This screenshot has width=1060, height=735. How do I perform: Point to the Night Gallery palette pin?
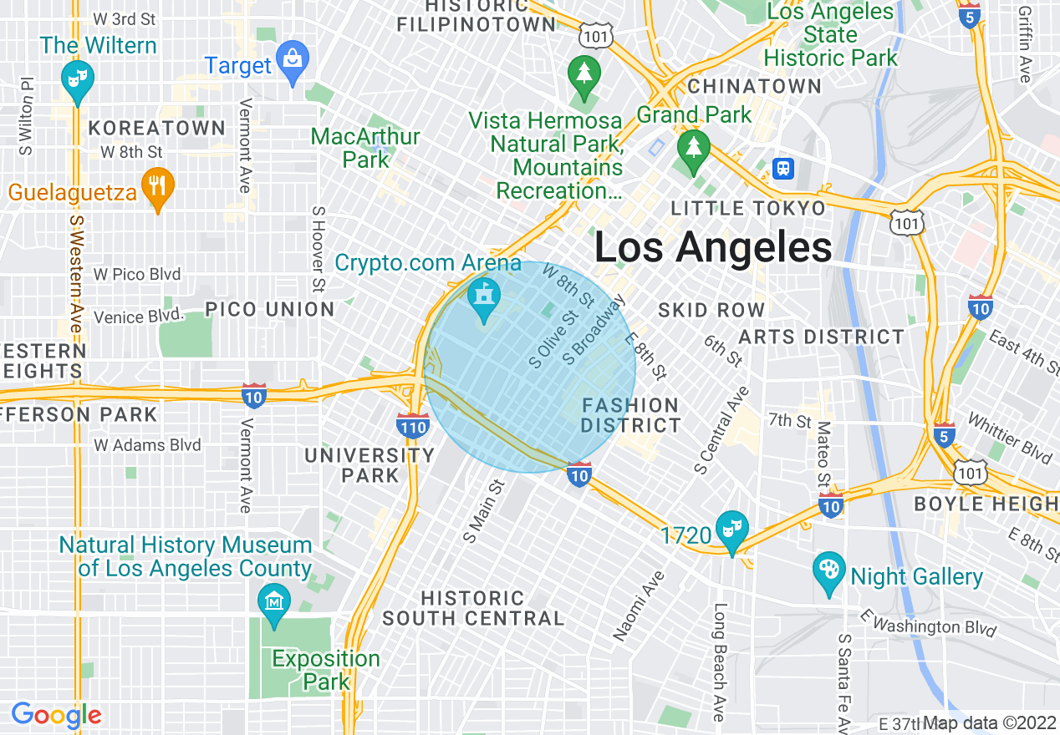pos(829,572)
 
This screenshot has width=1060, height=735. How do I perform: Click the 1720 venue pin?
pos(732,530)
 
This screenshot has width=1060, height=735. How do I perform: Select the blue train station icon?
pos(783,168)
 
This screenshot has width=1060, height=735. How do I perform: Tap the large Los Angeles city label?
pos(712,247)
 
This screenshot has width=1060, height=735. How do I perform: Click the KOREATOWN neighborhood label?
pos(156,128)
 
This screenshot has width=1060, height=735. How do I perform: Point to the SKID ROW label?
pos(711,311)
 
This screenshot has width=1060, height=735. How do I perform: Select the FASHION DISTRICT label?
pos(631,415)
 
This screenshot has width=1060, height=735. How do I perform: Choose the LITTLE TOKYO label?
pos(749,208)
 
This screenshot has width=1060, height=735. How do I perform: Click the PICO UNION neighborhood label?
pos(270,309)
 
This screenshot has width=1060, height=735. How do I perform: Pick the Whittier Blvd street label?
pos(1009,437)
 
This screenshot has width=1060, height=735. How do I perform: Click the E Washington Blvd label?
pos(929,622)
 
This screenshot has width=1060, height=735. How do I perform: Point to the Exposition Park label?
pos(326,670)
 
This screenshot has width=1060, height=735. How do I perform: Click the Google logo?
pos(56,715)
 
